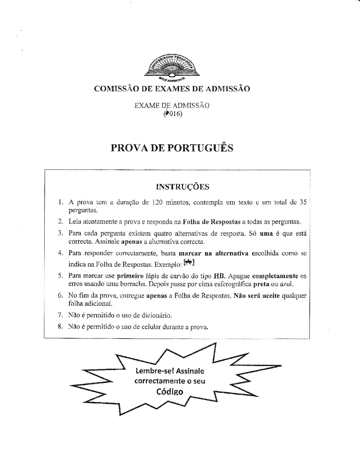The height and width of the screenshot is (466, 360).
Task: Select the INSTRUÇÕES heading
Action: pos(182,187)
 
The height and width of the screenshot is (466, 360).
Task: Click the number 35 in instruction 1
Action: pos(302,202)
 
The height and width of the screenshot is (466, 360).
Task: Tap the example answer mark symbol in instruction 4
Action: pos(189,263)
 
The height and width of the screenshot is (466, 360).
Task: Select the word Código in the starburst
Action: pos(170,392)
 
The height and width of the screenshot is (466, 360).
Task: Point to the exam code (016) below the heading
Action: pos(173,114)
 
